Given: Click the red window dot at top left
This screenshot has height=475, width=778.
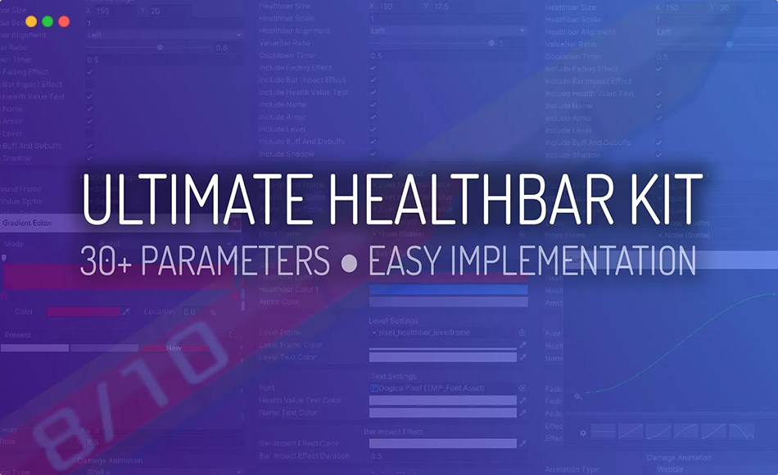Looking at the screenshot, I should coord(64,22).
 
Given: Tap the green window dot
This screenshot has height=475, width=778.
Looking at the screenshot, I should coord(47,22).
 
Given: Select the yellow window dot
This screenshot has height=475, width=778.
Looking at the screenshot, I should coord(31,22).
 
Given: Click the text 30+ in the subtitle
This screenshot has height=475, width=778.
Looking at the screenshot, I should coord(106,261).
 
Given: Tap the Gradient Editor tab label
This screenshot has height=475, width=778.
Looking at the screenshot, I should coord(29,223).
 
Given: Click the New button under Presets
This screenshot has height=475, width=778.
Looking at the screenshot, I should coord(174,348).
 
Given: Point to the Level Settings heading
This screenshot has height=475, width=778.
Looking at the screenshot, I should coord(393,321).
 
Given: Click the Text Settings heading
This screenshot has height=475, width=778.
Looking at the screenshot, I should coord(393,376).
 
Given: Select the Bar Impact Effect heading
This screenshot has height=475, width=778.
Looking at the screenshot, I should coord(393,431).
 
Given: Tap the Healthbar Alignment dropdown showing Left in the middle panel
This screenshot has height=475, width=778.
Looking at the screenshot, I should coord(447,31).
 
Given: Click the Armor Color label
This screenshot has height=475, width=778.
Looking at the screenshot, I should coord(279,302).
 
